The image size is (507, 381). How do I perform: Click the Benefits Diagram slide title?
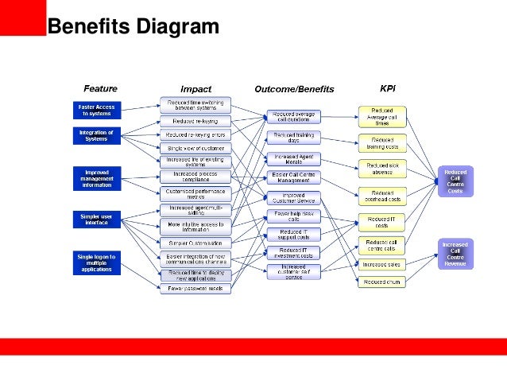[x=133, y=27]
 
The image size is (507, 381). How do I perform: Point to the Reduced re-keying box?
[x=195, y=121]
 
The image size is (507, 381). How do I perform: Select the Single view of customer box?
[x=195, y=148]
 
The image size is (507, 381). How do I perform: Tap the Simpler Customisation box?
[x=195, y=243]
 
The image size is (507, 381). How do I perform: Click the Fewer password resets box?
[x=195, y=289]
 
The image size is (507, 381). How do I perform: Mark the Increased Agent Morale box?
[x=293, y=159]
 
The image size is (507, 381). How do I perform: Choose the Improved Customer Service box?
[x=293, y=197]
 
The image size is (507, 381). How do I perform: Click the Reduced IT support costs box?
[x=293, y=235]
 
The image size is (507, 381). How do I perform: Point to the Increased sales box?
[x=382, y=264]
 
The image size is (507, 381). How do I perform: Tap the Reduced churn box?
[x=382, y=282]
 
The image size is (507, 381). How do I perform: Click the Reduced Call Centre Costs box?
[x=455, y=181]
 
